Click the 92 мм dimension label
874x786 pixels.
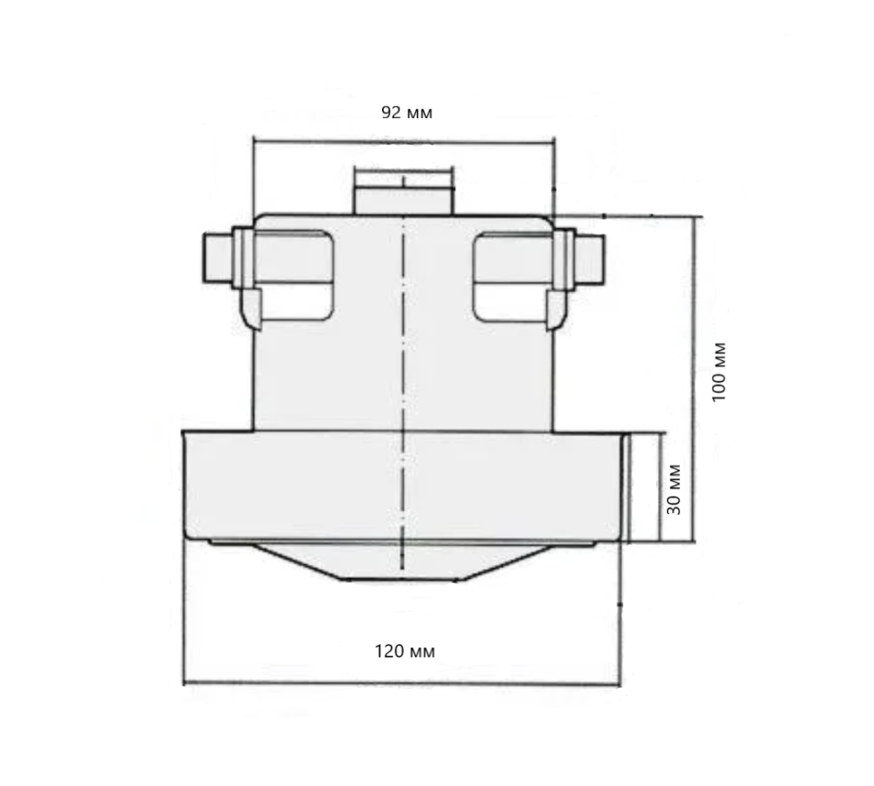coord(406,113)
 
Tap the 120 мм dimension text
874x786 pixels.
coord(405,651)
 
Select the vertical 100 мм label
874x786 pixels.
coord(719,370)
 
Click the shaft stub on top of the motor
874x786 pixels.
coord(404,191)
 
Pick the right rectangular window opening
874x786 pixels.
coord(511,274)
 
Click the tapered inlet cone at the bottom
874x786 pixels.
coord(402,565)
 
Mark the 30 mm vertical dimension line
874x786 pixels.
coord(656,486)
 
